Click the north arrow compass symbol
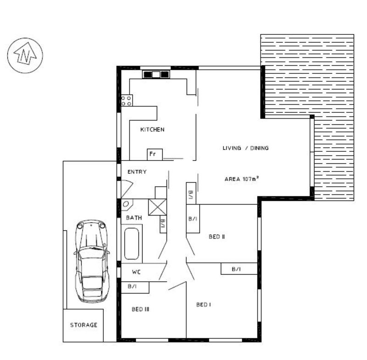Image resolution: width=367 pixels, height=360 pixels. click(x=25, y=55)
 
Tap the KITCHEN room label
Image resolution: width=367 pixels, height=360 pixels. click(x=152, y=130)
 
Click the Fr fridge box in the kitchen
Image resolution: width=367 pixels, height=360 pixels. click(x=155, y=155)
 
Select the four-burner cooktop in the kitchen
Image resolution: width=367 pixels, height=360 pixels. click(x=127, y=100)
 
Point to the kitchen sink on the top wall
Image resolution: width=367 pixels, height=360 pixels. click(x=156, y=75)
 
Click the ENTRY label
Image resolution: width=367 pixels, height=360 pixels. click(x=137, y=172)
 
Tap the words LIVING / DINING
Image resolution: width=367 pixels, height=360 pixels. click(x=245, y=148)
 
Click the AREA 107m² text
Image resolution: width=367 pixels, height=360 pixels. click(x=242, y=179)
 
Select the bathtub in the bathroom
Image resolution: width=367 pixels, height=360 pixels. click(x=132, y=244)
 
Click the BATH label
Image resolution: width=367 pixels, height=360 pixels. click(x=134, y=218)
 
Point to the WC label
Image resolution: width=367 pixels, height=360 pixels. click(x=136, y=272)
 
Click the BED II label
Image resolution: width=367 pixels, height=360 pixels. click(x=217, y=237)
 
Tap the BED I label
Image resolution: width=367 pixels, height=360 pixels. click(x=204, y=305)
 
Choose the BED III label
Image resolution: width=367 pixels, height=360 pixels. click(x=140, y=309)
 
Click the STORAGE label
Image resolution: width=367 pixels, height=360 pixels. click(x=84, y=325)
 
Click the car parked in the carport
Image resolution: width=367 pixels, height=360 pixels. click(x=92, y=261)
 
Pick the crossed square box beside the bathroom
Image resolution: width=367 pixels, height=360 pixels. click(x=157, y=207)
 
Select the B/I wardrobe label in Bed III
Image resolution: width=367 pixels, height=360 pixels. click(x=132, y=286)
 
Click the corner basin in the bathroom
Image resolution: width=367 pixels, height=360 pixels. click(x=127, y=205)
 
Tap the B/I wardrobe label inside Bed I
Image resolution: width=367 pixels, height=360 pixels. click(x=236, y=269)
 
